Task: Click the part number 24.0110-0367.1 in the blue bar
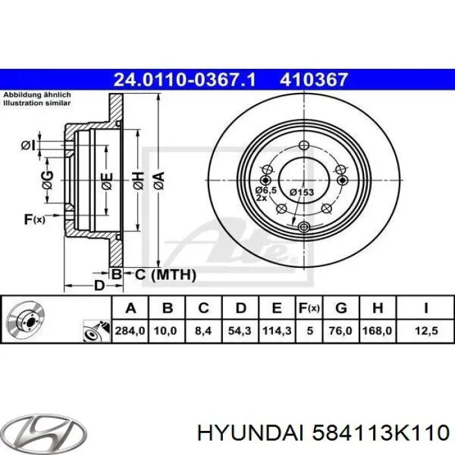pyautogui.click(x=185, y=80)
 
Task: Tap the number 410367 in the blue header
pyautogui.click(x=315, y=80)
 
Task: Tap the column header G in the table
pyautogui.click(x=341, y=307)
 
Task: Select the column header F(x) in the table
pyautogui.click(x=309, y=307)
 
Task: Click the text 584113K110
pyautogui.click(x=381, y=432)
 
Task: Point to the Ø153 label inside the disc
pyautogui.click(x=302, y=192)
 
